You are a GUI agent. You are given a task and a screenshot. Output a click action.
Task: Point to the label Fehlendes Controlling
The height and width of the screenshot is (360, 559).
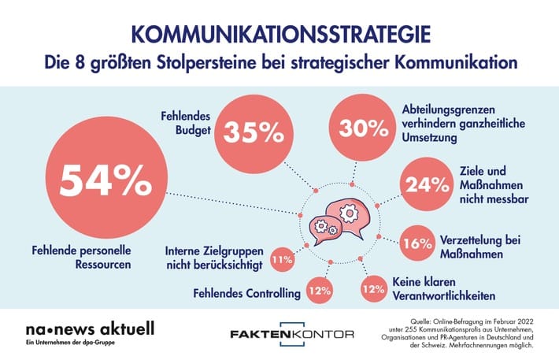(247, 294)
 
